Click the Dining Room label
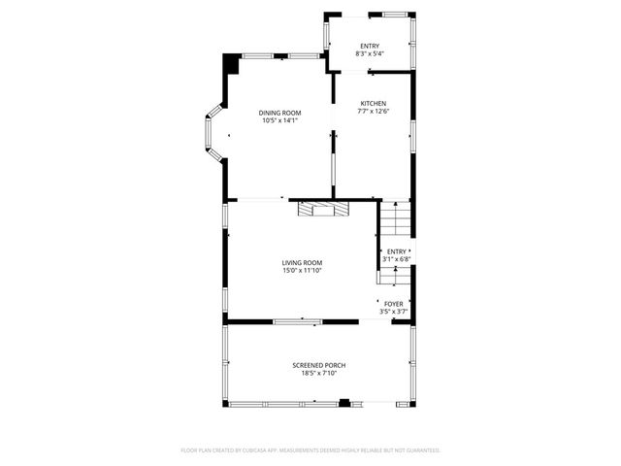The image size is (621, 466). (278, 113)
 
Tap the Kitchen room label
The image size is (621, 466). (374, 104)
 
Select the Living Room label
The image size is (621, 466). (302, 262)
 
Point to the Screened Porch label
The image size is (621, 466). (319, 365)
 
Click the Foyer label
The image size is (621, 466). (393, 304)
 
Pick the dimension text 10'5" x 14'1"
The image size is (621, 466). (278, 121)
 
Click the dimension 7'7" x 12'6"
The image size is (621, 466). (374, 113)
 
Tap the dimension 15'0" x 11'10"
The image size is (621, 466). (302, 271)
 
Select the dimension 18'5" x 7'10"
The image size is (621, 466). (319, 374)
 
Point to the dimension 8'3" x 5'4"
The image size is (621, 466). (370, 54)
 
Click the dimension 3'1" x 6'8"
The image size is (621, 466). (397, 259)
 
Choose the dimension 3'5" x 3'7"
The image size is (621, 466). (393, 313)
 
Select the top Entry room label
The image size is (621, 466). (370, 46)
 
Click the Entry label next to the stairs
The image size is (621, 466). (397, 251)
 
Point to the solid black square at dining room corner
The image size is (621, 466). (231, 63)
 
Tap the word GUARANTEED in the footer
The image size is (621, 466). (419, 450)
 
